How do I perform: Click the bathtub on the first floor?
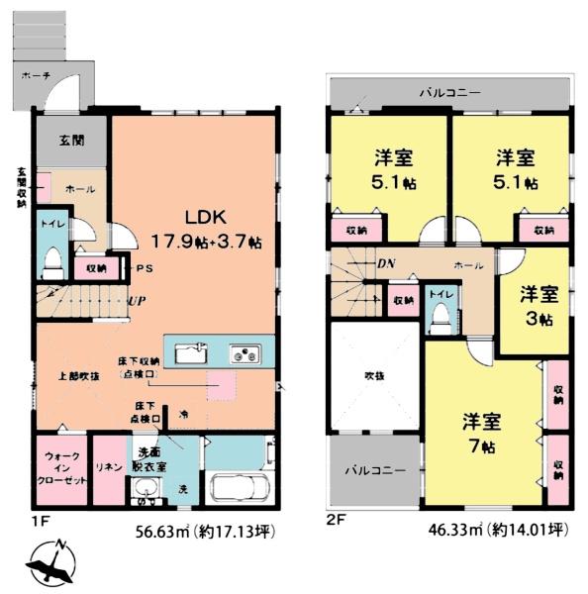click(244, 486)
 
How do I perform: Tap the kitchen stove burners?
click(244, 353)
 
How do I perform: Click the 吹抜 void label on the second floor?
click(371, 376)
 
